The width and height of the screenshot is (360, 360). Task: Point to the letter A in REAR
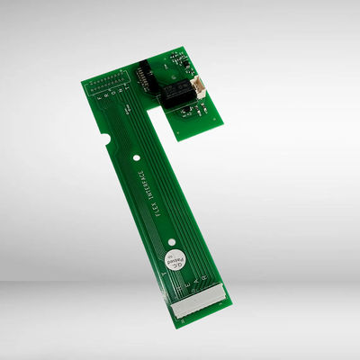tap(190, 286)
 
